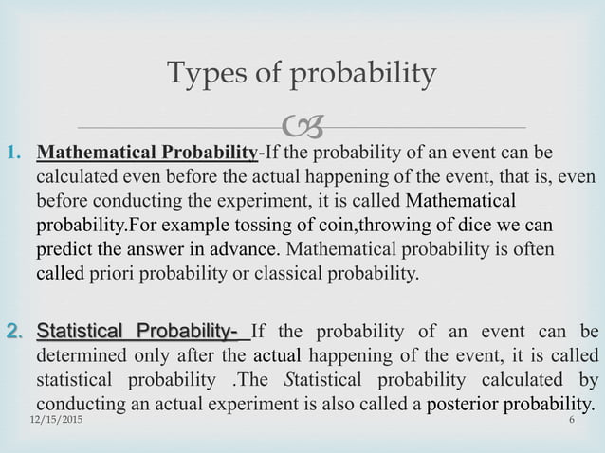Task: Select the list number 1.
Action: point(16,152)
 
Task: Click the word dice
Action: point(468,226)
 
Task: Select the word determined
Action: point(82,357)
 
